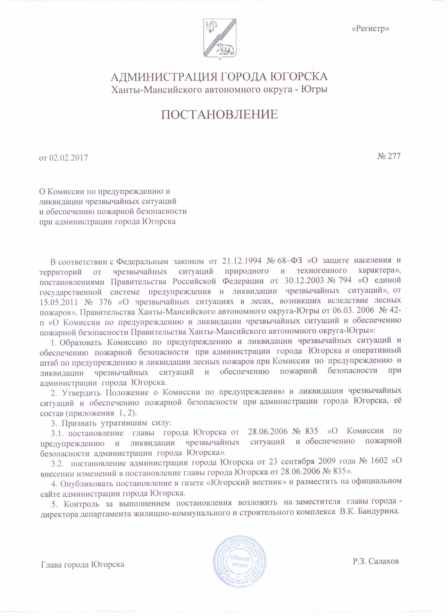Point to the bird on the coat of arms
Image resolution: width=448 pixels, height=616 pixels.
coord(212,26)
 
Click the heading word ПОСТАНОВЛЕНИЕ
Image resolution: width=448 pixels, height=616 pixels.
coord(220,115)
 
